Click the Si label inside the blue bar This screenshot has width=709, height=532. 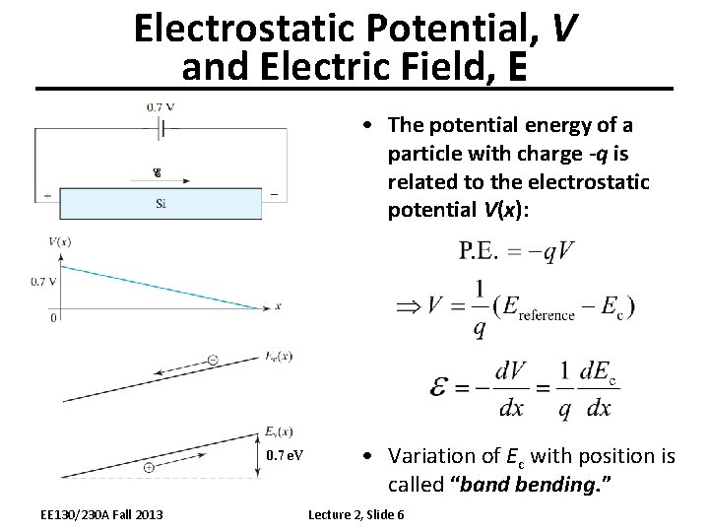click(161, 204)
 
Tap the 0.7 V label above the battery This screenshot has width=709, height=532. click(161, 106)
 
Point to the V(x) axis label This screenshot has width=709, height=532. click(59, 242)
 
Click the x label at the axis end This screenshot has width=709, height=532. click(279, 306)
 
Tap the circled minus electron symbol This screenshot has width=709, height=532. click(213, 361)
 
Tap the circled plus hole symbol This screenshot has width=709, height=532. click(148, 467)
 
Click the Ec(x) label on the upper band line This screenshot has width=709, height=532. click(279, 356)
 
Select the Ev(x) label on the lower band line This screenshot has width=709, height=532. click(279, 432)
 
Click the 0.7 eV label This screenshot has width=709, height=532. click(286, 456)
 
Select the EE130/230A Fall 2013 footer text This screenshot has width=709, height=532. click(102, 514)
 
